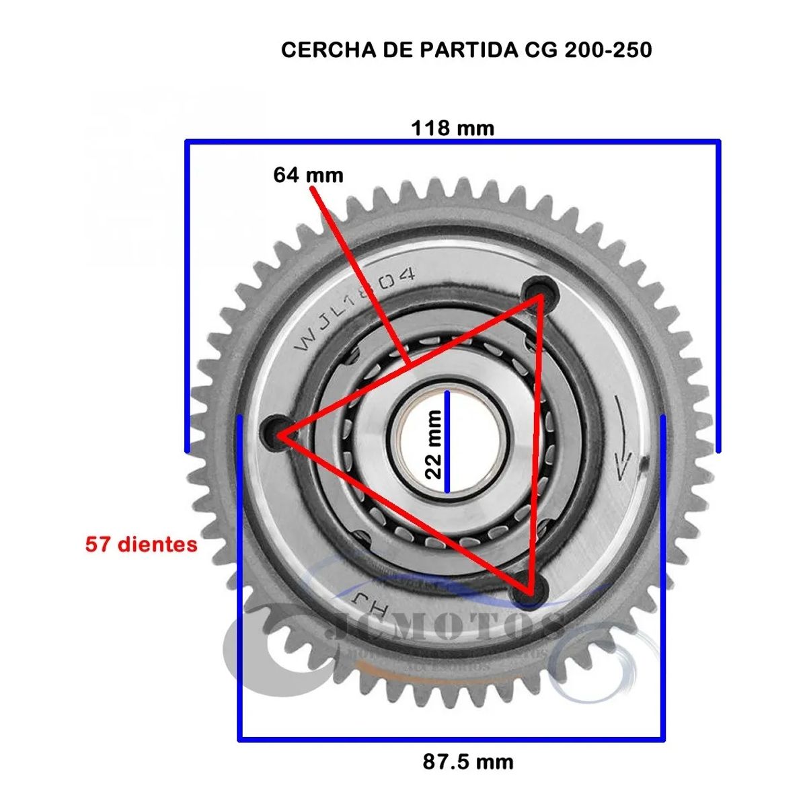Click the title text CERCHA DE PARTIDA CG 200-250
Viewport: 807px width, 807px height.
pyautogui.click(x=466, y=50)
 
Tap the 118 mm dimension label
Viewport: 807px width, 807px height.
pyautogui.click(x=453, y=128)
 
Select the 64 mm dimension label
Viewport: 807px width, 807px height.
pyautogui.click(x=308, y=176)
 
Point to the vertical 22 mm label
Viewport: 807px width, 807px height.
pyautogui.click(x=434, y=444)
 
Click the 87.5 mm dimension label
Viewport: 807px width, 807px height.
pyautogui.click(x=468, y=762)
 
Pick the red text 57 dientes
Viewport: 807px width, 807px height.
pyautogui.click(x=141, y=544)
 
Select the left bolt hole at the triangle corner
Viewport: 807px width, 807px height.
pyautogui.click(x=276, y=430)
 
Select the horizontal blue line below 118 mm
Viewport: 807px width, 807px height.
pyautogui.click(x=453, y=142)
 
